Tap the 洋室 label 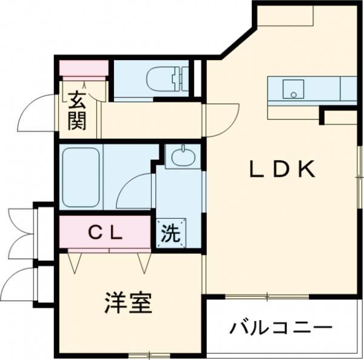[127, 302]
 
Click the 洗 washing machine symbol [170, 233]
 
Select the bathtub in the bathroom [81, 176]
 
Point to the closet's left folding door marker [75, 262]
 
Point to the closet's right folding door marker [144, 262]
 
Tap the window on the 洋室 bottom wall [146, 354]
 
